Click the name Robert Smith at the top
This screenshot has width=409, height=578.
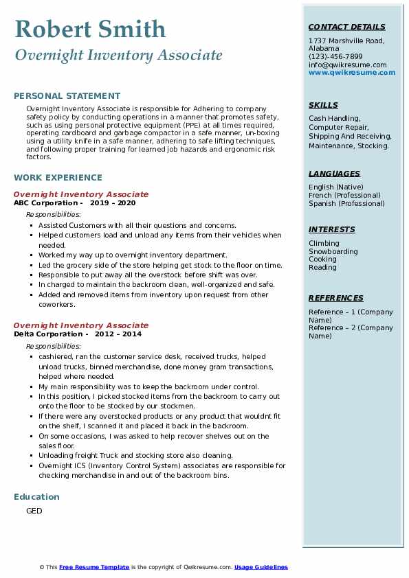tap(90, 29)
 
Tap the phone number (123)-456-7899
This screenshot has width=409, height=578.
tap(335, 56)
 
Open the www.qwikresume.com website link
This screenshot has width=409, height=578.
tap(352, 72)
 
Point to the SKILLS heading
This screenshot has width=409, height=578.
tap(323, 105)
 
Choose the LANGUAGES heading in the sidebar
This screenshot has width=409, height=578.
tap(334, 174)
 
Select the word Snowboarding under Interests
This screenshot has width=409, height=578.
tap(333, 251)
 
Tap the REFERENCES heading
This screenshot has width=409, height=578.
tap(336, 298)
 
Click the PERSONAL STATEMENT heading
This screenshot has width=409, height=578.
tap(67, 96)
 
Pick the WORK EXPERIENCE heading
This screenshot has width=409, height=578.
tap(58, 177)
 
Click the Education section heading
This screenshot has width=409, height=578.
tap(36, 496)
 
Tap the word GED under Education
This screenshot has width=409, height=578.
tap(34, 511)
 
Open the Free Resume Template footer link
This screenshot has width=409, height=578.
tap(94, 567)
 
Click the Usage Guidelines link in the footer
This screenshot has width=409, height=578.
tap(261, 567)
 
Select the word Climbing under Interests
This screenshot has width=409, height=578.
tap(324, 243)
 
